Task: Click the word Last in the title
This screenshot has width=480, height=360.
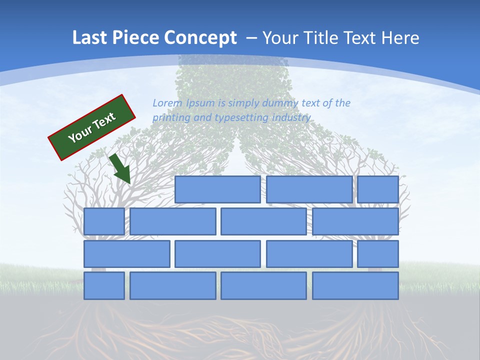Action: [x=90, y=37]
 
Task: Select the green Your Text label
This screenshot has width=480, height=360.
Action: [x=92, y=127]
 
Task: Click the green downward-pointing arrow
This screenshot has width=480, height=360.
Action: [x=120, y=169]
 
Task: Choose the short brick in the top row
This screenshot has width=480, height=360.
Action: [x=378, y=189]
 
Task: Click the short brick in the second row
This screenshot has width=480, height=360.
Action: [x=104, y=221]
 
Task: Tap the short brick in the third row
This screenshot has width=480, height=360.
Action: [x=378, y=253]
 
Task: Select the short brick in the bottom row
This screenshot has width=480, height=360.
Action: [x=104, y=285]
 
